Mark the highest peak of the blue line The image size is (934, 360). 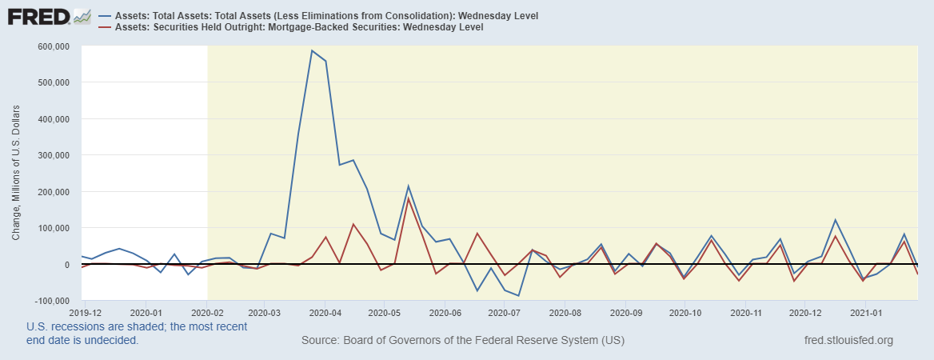point(312,50)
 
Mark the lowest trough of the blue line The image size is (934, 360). point(518,296)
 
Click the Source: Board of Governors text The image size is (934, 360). point(462,341)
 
